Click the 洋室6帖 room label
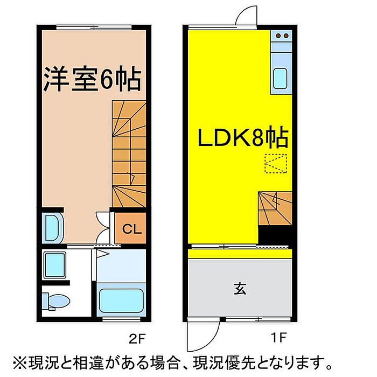(x=92, y=79)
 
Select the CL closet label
(x=132, y=229)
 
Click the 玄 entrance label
(x=240, y=289)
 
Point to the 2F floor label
(x=137, y=339)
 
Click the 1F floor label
(x=278, y=338)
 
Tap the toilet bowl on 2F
(x=56, y=301)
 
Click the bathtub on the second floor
(x=121, y=301)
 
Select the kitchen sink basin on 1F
(x=281, y=79)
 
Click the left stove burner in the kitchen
(x=278, y=36)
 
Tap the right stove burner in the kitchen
(x=286, y=36)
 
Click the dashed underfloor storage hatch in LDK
(x=276, y=164)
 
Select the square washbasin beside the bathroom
(x=55, y=264)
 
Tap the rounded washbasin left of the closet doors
(x=53, y=228)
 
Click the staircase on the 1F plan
(x=275, y=208)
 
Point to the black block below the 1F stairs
(x=275, y=235)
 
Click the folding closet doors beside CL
(x=103, y=227)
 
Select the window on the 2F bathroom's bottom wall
(x=121, y=319)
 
